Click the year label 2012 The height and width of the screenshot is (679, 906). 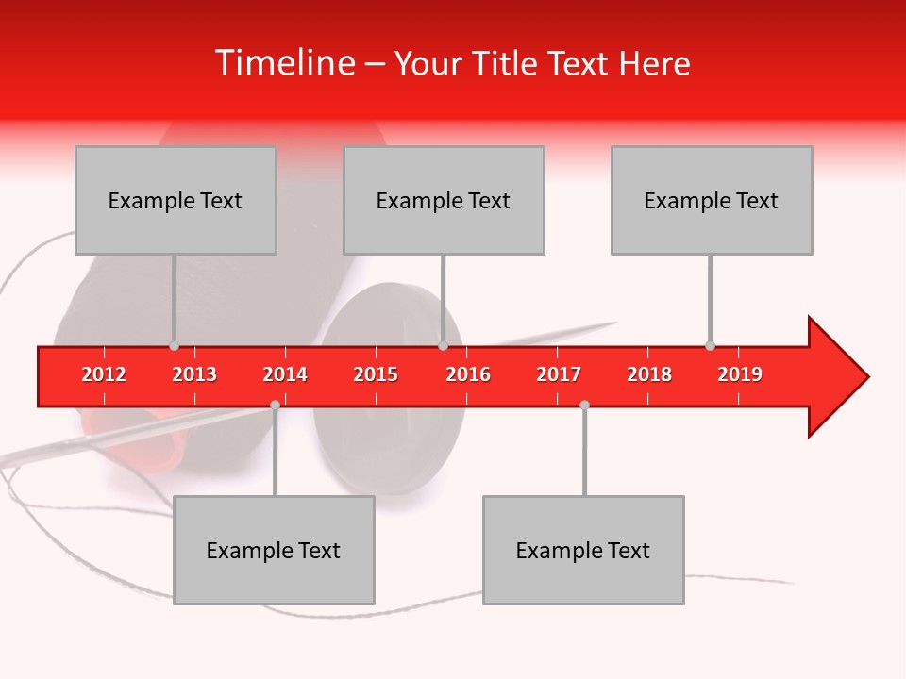click(x=104, y=374)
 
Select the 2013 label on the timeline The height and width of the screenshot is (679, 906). click(x=194, y=374)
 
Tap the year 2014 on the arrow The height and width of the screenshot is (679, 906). click(x=285, y=374)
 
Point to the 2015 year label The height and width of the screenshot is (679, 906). click(x=376, y=374)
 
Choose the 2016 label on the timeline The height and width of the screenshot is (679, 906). click(x=468, y=374)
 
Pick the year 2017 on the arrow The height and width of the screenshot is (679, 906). click(x=559, y=374)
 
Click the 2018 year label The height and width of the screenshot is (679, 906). click(x=649, y=374)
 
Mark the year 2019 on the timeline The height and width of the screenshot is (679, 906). click(x=740, y=374)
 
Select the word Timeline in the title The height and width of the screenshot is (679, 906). click(x=283, y=63)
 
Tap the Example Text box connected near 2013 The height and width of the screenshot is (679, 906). click(x=176, y=200)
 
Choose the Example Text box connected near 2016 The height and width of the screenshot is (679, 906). click(x=444, y=200)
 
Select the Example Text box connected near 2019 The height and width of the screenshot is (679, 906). click(x=712, y=200)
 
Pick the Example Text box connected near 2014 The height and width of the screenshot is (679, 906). click(x=274, y=550)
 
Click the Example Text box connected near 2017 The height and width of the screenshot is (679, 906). click(x=583, y=550)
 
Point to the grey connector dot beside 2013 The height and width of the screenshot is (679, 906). click(x=174, y=346)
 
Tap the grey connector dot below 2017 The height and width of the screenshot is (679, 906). click(x=584, y=405)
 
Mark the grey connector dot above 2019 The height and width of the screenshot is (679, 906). click(x=710, y=346)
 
